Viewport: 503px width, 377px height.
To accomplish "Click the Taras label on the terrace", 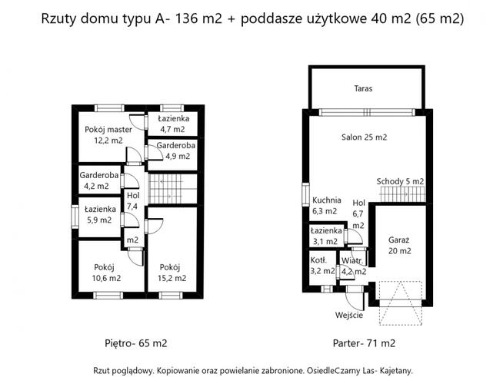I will click(x=364, y=89).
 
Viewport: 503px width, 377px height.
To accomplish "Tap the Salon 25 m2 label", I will click(x=364, y=137).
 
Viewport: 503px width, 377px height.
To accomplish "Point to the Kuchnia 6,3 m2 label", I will click(x=325, y=205).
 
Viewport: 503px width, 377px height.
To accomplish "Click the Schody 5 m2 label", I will click(x=400, y=181).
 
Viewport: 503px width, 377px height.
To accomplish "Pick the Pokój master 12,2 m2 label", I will click(x=108, y=135).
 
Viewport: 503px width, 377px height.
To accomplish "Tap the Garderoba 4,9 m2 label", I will click(x=173, y=150).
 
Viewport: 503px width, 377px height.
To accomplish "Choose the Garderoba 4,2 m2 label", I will click(x=99, y=180).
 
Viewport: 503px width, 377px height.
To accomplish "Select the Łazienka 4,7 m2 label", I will click(x=173, y=124).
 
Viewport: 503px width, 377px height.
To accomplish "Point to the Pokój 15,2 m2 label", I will click(x=173, y=273).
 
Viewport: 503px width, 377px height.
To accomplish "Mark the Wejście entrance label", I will click(x=348, y=316).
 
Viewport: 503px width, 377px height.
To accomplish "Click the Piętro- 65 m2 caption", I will click(x=136, y=342).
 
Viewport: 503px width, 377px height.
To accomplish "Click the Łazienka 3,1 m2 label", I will click(x=326, y=236).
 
